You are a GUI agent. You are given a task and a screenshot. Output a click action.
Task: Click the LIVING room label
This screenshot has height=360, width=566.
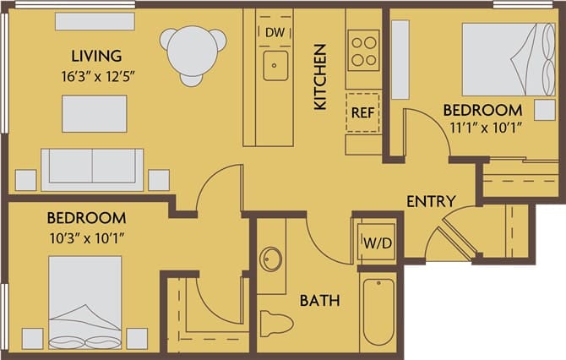coord(96,57)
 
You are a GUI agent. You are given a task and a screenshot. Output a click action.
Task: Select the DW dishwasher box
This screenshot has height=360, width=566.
coord(275,32)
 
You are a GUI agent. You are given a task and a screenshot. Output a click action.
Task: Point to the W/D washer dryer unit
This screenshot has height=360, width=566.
coord(376,243)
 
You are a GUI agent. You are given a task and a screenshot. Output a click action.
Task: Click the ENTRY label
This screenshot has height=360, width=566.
coord(431,202)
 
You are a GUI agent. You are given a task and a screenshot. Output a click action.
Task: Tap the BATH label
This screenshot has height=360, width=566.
coord(320,300)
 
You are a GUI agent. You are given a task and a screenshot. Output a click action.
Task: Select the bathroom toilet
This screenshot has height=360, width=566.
coord(275,324)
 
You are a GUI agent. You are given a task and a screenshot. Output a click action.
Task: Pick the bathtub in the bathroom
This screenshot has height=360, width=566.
coord(378,312)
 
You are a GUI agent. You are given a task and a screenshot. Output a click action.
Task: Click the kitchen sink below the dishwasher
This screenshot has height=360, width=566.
coord(275,66)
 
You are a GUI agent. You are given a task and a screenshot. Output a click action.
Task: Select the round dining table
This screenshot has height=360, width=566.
coord(195,50)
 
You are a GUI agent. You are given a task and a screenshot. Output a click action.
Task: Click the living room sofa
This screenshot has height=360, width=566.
coord(93,168)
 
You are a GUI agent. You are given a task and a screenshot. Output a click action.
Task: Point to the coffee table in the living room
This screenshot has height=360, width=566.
coord(94,113)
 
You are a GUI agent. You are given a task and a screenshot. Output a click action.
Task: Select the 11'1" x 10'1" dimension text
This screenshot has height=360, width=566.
coord(482,128)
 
